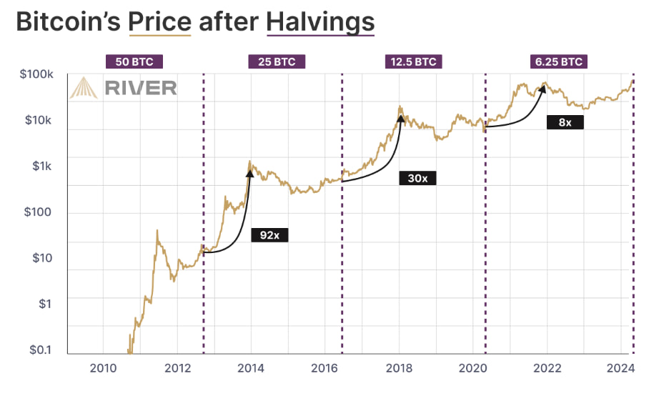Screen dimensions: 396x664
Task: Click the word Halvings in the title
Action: (x=319, y=22)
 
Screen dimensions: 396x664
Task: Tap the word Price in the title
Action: (x=159, y=22)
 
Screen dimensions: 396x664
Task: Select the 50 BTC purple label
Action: (x=134, y=61)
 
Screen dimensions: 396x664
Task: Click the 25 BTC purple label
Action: (x=277, y=61)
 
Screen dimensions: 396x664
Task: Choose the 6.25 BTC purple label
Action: (x=558, y=61)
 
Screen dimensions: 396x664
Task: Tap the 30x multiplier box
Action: (x=417, y=178)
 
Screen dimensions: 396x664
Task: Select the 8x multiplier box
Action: (x=565, y=122)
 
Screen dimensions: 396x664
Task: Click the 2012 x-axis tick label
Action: (x=177, y=369)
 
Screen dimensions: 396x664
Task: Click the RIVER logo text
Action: (x=140, y=87)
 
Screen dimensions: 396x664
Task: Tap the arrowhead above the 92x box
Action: (x=250, y=170)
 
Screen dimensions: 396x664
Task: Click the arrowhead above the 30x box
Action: (x=401, y=118)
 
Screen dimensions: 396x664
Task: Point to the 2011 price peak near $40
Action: (x=157, y=231)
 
